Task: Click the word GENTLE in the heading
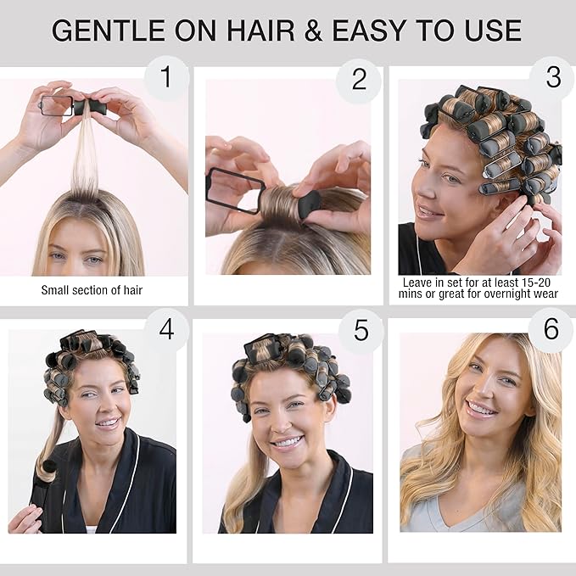(109, 31)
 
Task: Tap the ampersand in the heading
(313, 31)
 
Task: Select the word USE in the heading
(493, 31)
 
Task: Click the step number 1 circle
(167, 77)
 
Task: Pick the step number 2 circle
(359, 80)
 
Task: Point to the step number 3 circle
(553, 78)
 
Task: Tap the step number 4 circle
(166, 329)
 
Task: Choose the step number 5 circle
(361, 331)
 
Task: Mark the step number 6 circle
(551, 329)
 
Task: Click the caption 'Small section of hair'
(92, 290)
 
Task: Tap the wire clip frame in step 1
(56, 105)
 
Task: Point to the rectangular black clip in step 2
(235, 190)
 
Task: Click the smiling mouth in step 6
(483, 408)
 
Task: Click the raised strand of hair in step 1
(85, 154)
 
